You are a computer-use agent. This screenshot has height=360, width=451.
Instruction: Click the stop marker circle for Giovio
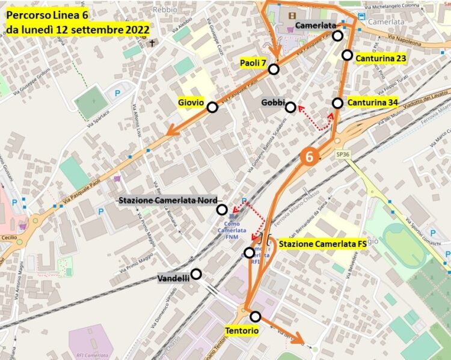tap(212, 107)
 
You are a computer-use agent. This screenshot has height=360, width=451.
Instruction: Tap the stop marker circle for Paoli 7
tap(274, 69)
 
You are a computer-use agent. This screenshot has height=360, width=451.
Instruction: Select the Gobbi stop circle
tap(290, 107)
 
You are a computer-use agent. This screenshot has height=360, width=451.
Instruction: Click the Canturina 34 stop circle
tap(338, 103)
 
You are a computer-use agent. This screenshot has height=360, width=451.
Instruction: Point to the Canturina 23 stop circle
tap(347, 55)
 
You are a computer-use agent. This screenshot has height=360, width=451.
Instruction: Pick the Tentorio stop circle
tap(256, 316)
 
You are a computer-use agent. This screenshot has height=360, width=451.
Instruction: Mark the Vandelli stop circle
tap(195, 274)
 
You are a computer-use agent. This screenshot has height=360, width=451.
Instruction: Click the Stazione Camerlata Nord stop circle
tap(222, 209)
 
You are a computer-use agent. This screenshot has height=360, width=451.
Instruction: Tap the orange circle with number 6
tap(310, 155)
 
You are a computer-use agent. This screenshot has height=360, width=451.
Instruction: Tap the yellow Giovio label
tap(191, 102)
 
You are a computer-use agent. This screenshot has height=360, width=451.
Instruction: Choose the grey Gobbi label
tap(272, 103)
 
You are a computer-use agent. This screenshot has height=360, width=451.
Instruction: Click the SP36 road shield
tap(342, 154)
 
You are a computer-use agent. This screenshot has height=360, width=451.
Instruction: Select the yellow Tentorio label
tap(242, 331)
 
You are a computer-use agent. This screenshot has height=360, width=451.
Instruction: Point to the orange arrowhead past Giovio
tap(171, 130)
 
